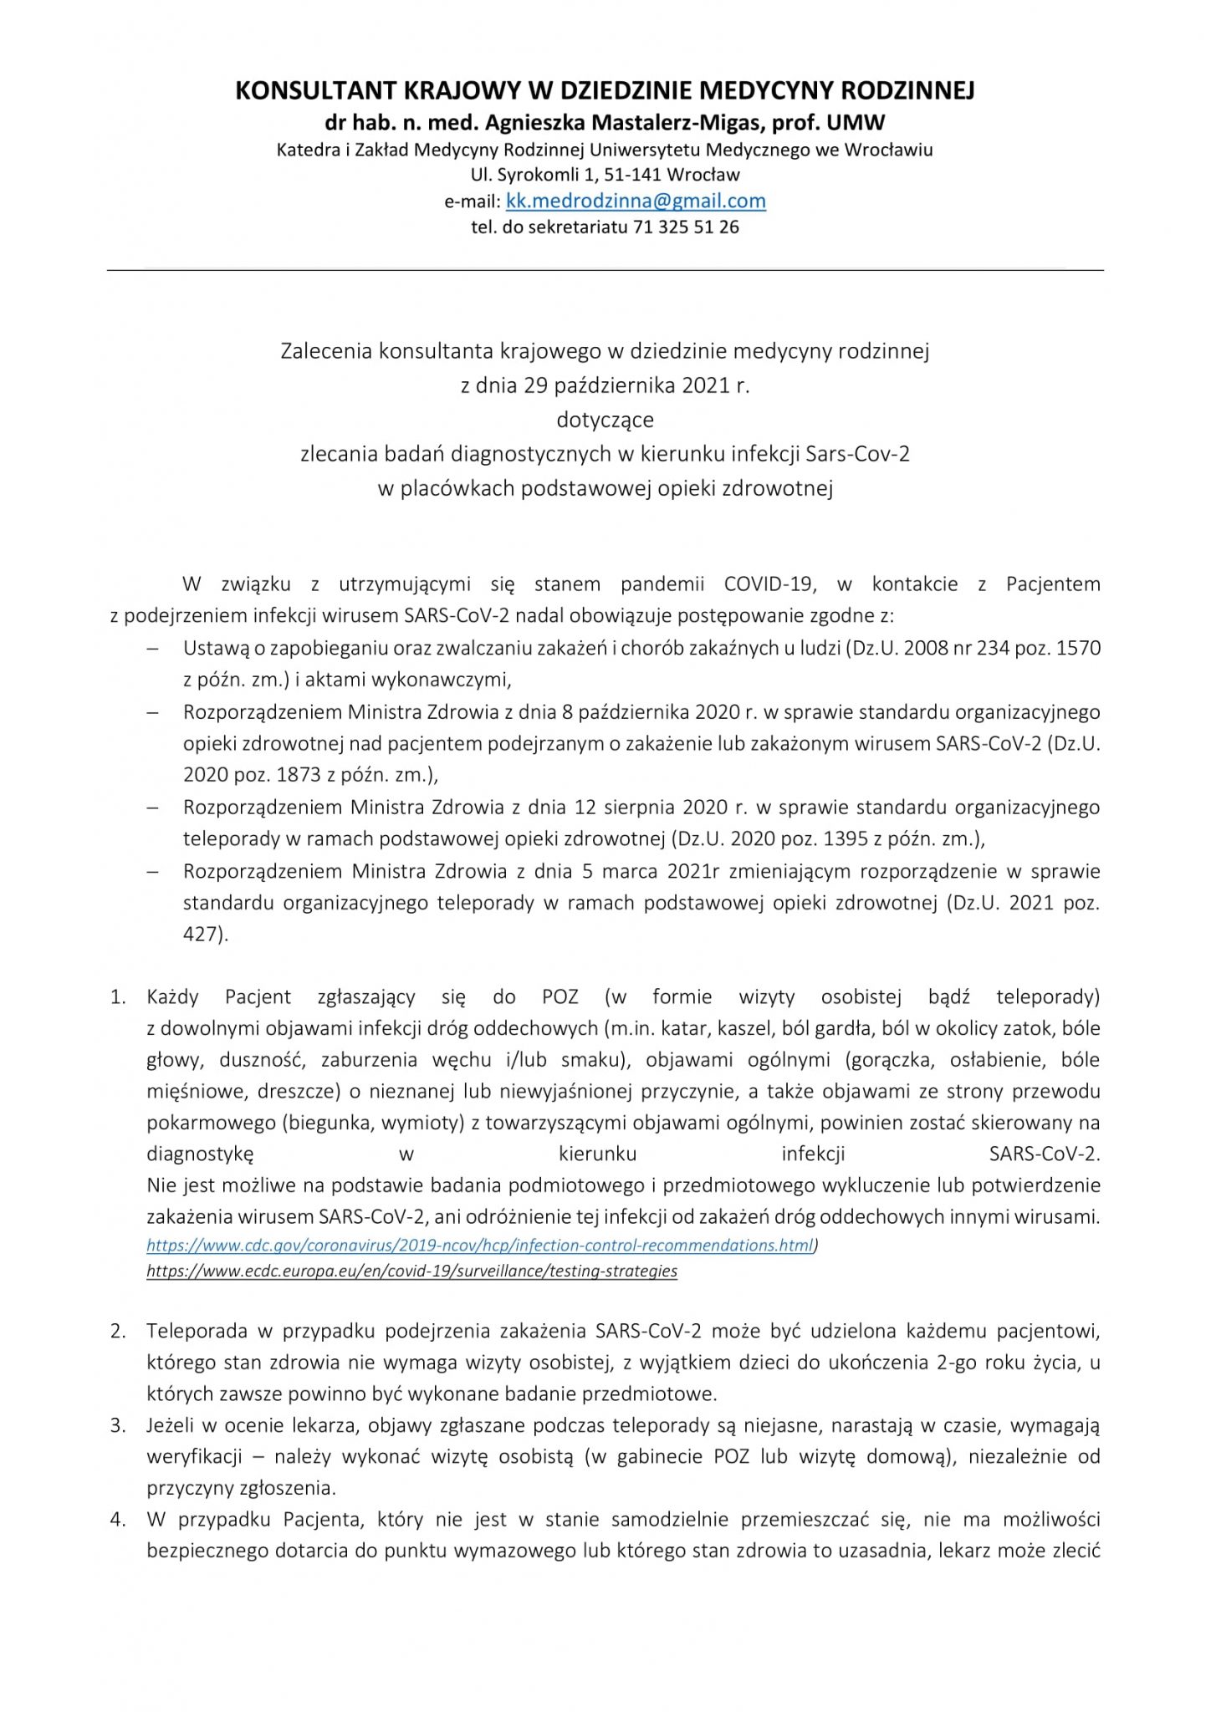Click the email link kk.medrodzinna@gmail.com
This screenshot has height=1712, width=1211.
pos(636,201)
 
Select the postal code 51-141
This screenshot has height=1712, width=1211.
pos(605,176)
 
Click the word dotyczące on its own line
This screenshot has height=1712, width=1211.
pos(605,420)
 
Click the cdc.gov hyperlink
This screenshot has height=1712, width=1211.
pos(479,1246)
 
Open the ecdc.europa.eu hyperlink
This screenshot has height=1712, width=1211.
pos(411,1271)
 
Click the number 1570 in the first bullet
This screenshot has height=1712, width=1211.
pos(1079,649)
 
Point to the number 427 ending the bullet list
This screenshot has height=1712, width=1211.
pos(204,935)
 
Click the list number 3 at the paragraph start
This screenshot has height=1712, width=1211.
pos(117,1425)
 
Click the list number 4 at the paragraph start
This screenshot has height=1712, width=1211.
pos(117,1520)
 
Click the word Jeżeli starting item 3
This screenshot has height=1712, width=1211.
pos(172,1425)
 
